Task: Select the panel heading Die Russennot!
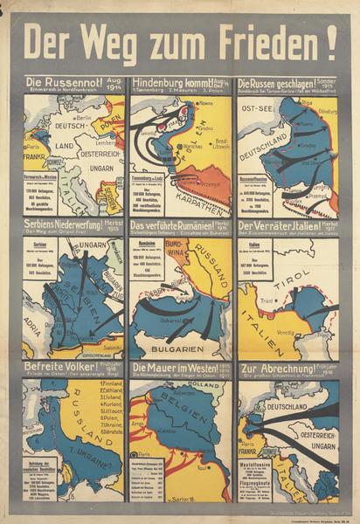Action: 62,84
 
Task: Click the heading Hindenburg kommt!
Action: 170,84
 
